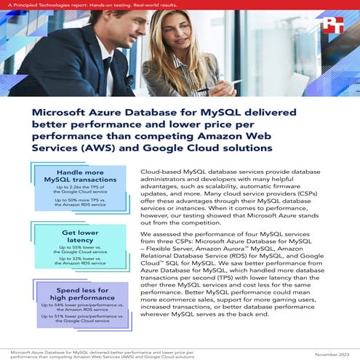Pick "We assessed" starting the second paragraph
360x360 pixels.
143,234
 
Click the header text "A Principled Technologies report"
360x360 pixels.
44,6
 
